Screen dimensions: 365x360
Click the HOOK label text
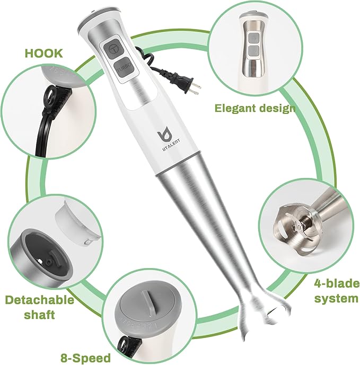[43, 53]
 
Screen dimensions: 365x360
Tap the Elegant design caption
[254, 108]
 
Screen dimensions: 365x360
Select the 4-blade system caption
[335, 290]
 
